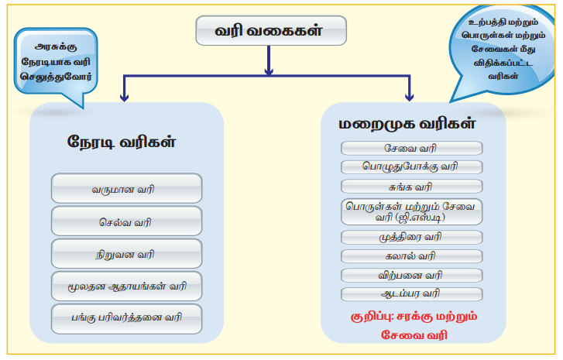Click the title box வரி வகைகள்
coord(269,33)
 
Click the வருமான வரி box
coord(126,188)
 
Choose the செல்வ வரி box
coord(126,221)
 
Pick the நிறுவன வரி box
coord(126,254)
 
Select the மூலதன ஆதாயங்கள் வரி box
coord(126,286)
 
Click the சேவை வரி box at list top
coord(411,148)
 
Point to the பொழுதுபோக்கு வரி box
coord(411,166)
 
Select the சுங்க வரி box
coord(411,186)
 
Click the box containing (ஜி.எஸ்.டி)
coord(411,211)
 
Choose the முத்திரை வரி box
coord(411,237)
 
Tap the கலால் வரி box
coord(411,255)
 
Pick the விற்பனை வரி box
coord(411,275)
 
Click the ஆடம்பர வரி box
coord(411,293)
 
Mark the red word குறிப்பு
coord(371,316)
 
